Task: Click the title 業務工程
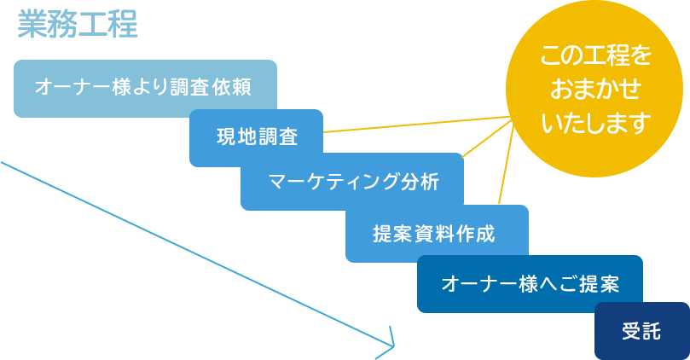78,24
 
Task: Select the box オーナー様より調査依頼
145,89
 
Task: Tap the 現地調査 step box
256,137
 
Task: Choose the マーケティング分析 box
352,182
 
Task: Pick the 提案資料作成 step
437,233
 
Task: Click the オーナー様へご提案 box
530,284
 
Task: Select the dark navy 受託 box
641,331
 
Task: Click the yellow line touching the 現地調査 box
416,124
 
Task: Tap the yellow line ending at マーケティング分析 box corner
487,138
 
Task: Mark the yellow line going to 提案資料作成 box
506,165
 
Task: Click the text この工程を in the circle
595,55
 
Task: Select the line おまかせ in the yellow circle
595,89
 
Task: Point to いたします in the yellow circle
596,123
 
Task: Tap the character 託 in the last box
652,331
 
